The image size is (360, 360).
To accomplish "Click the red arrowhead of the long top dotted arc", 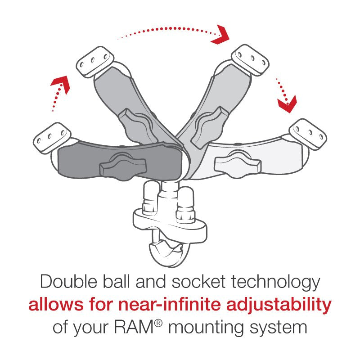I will coord(221,35).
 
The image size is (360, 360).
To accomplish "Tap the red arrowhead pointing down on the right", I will coord(287,103).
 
